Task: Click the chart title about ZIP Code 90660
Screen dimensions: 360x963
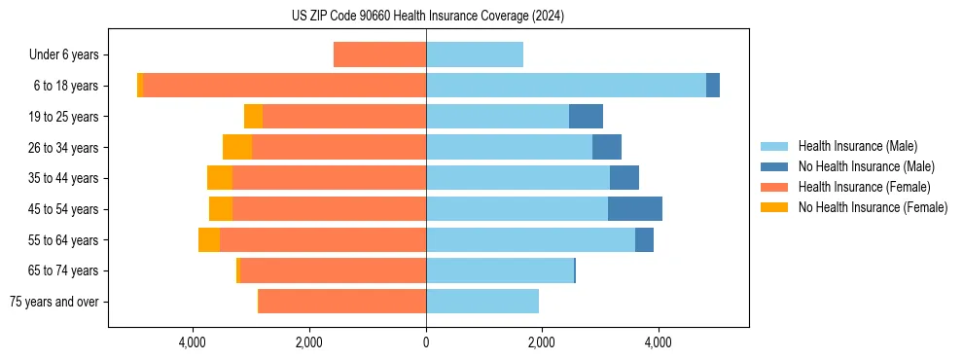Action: tap(428, 17)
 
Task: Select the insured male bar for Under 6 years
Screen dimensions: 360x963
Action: tap(475, 54)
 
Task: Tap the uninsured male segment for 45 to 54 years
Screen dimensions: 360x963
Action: tap(635, 209)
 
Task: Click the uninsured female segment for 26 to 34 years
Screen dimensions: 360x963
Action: tap(237, 147)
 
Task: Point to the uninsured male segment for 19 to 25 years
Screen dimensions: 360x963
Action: tap(586, 117)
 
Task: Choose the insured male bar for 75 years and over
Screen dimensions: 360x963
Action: tap(482, 302)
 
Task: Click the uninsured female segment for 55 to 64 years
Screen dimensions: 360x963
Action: tap(209, 240)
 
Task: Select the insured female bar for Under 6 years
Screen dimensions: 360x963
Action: tap(379, 54)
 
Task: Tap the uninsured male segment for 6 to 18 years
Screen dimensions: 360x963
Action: tap(713, 86)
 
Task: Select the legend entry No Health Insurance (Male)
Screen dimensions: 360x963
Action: tap(866, 166)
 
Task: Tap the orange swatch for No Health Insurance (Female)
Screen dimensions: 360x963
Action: tap(775, 207)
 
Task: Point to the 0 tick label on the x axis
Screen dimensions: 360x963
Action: tap(426, 342)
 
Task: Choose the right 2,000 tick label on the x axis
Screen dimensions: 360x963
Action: tap(542, 342)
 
